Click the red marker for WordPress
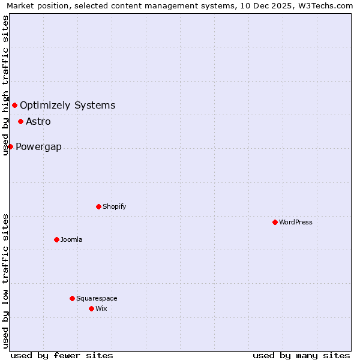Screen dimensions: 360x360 [275, 222]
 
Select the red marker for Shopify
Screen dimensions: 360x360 [98, 206]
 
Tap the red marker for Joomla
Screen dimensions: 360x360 [56, 239]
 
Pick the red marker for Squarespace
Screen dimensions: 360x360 [72, 298]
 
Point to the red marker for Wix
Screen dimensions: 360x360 [91, 308]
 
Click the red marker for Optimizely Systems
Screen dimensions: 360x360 [14, 106]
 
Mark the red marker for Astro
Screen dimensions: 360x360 [20, 121]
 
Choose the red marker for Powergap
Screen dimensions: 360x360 [10, 146]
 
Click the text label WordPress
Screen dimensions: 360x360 [296, 222]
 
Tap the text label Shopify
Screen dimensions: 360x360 [114, 206]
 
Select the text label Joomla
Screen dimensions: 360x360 [71, 239]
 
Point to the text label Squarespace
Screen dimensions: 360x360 [97, 298]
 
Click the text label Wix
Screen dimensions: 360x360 [101, 308]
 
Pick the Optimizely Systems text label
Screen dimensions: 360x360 [67, 106]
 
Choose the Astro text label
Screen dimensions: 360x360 [38, 121]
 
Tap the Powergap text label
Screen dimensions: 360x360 [38, 147]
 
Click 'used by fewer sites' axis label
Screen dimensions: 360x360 [62, 355]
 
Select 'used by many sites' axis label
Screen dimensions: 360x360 [301, 355]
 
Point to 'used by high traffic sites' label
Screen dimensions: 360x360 [5, 86]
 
